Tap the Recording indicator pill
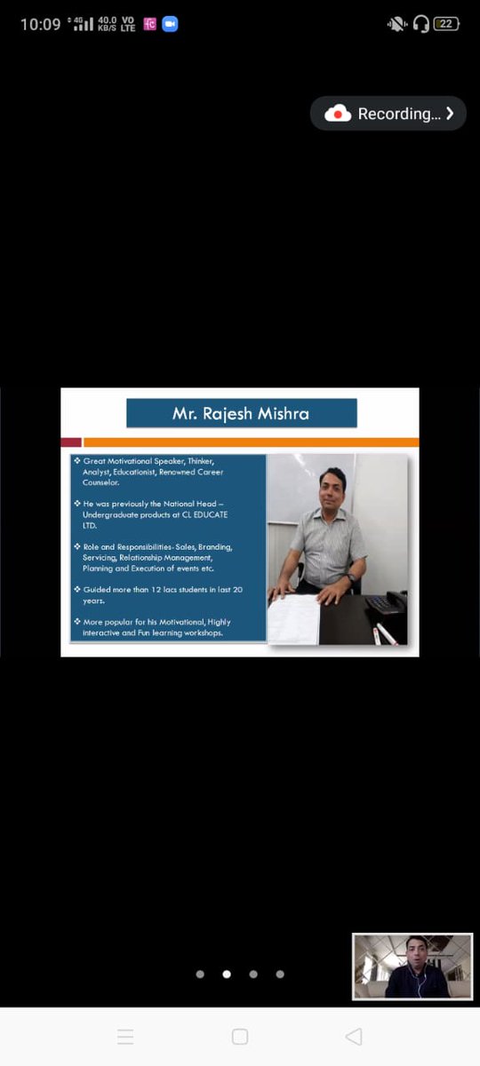388,114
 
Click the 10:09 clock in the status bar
40,24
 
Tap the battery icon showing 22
446,24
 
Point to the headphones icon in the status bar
421,24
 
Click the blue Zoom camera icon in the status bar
170,24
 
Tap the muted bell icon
396,24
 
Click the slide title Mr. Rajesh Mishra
241,414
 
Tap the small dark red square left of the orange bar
71,442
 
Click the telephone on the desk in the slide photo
387,603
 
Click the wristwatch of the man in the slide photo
352,577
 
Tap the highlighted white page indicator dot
227,974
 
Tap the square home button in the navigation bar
239,1037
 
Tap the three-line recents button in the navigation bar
125,1037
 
